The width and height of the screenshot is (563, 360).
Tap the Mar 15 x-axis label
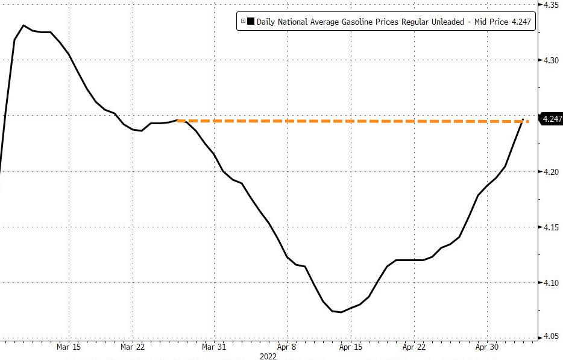(69, 347)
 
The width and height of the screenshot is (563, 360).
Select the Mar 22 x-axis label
(133, 347)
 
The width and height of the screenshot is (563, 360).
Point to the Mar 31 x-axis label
(214, 347)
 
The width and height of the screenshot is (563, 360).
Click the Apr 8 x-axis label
(286, 347)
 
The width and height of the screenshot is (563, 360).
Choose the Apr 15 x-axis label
(351, 347)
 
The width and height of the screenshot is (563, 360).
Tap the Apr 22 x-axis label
(414, 347)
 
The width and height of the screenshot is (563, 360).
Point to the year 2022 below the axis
(268, 356)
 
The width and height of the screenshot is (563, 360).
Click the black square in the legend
(251, 22)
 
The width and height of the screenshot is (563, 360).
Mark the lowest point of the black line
(341, 312)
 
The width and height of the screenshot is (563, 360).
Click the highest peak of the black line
(24, 25)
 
